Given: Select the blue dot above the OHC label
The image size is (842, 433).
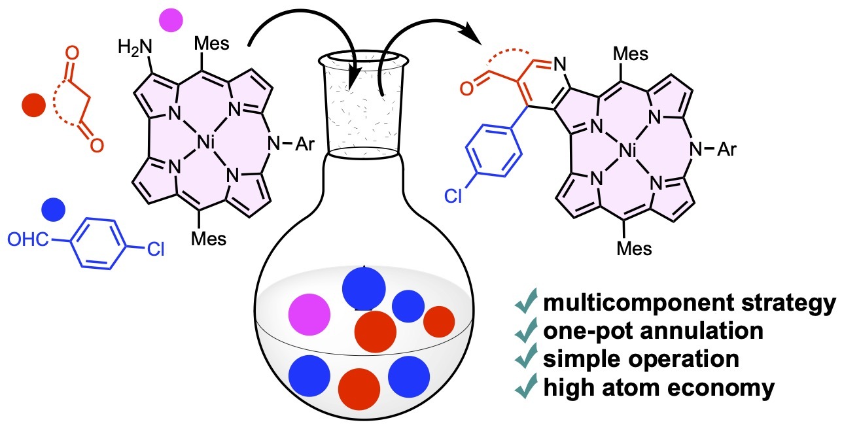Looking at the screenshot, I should coord(53,209).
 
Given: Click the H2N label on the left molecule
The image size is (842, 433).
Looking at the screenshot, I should coord(136,47).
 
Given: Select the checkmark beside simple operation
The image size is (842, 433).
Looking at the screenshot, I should coord(525,360).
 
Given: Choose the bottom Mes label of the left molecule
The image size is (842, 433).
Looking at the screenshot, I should coord(208,239).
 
